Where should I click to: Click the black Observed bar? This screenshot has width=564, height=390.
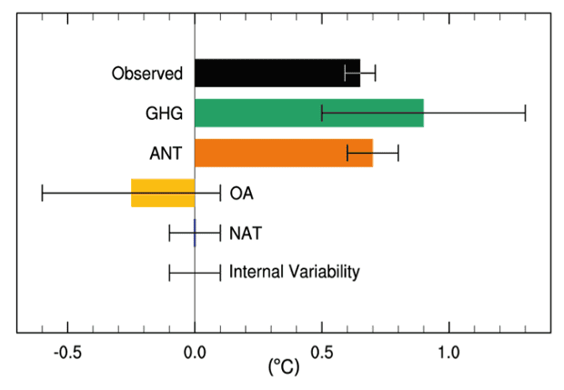[273, 73]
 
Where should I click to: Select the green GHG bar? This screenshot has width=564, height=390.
[273, 113]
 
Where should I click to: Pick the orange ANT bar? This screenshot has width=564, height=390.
[273, 153]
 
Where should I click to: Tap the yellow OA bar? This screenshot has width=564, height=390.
[163, 193]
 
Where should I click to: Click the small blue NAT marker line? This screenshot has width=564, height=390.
[195, 233]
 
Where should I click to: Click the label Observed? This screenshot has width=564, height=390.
[147, 73]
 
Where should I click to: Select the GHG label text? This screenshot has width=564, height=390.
[165, 114]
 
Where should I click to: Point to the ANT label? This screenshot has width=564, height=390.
[166, 154]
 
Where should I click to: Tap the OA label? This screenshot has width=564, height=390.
[241, 194]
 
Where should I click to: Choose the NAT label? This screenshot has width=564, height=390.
[246, 234]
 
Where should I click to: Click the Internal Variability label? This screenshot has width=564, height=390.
[295, 272]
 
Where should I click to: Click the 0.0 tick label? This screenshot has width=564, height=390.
[195, 352]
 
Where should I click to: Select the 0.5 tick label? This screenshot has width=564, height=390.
[321, 352]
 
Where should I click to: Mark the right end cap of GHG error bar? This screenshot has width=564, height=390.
[525, 113]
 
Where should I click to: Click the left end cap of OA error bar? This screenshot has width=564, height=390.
[43, 193]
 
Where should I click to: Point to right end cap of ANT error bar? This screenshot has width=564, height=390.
[398, 153]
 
